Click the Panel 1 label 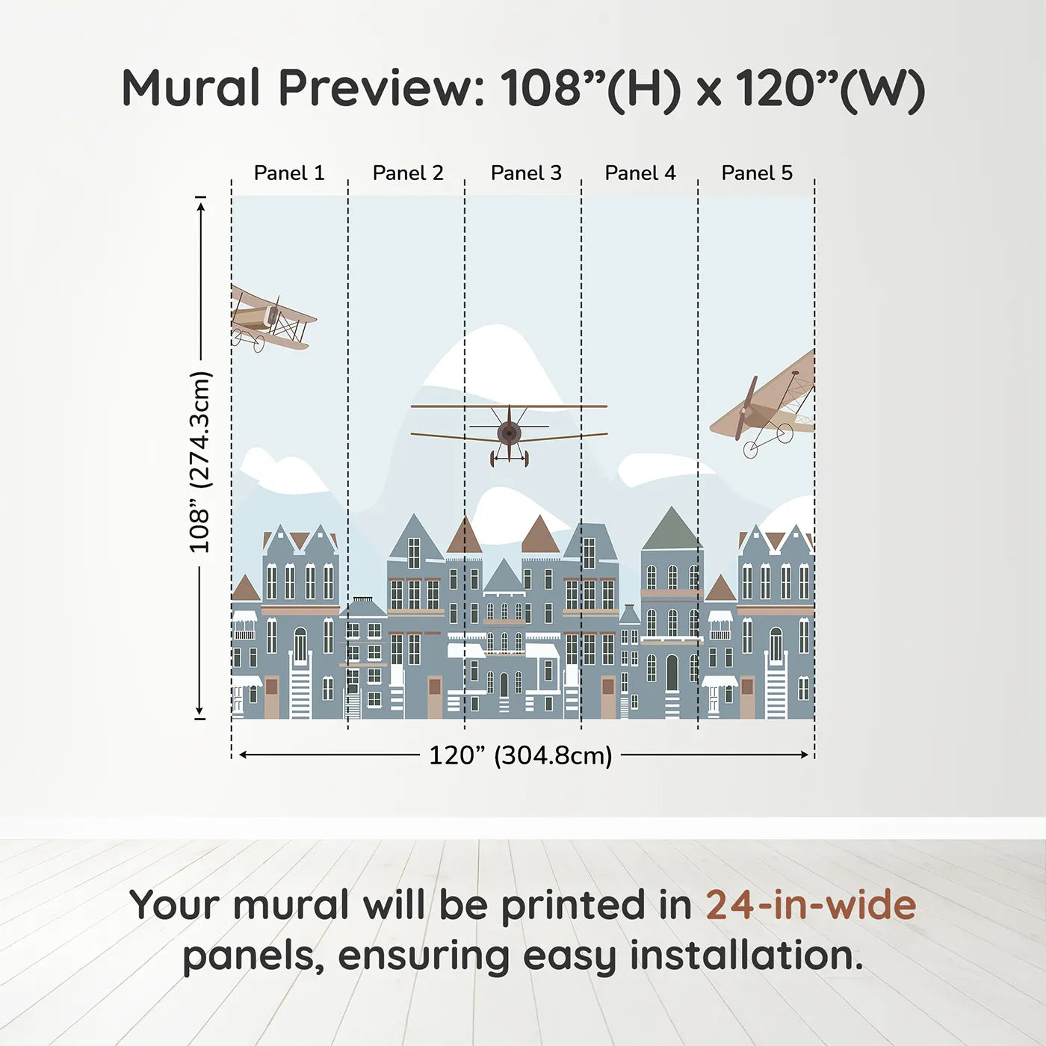click(289, 173)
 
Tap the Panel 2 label click(408, 173)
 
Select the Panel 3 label click(526, 173)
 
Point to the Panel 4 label click(640, 173)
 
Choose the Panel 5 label click(757, 173)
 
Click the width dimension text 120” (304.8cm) click(520, 755)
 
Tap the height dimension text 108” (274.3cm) click(200, 462)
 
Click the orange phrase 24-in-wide click(811, 905)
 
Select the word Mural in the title click(191, 88)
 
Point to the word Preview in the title click(382, 88)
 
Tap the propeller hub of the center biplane click(510, 432)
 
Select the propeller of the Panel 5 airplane click(746, 408)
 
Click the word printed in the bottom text click(572, 905)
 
